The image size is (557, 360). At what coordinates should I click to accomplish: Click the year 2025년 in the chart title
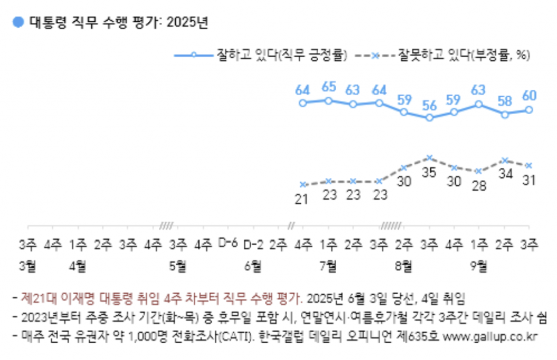[188, 22]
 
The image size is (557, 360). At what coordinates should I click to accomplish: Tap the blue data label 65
[328, 87]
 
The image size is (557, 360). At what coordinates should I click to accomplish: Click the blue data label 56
[430, 105]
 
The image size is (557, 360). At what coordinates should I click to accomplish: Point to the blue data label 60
[529, 96]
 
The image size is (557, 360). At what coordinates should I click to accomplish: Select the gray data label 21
[303, 199]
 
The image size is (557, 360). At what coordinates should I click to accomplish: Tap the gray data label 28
[479, 186]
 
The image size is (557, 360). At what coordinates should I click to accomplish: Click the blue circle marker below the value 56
[430, 117]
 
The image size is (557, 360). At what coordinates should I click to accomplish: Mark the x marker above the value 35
[430, 158]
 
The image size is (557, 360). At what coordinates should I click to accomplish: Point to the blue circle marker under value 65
[328, 100]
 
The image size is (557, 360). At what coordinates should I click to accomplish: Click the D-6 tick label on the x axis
[227, 244]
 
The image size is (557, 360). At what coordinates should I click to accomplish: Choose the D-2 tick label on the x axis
[253, 244]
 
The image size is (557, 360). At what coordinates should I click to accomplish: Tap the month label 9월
[479, 265]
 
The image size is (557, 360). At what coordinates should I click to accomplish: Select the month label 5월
[177, 265]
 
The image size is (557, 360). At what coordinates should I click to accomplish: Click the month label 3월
[27, 265]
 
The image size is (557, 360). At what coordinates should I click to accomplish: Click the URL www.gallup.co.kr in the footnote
[491, 336]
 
